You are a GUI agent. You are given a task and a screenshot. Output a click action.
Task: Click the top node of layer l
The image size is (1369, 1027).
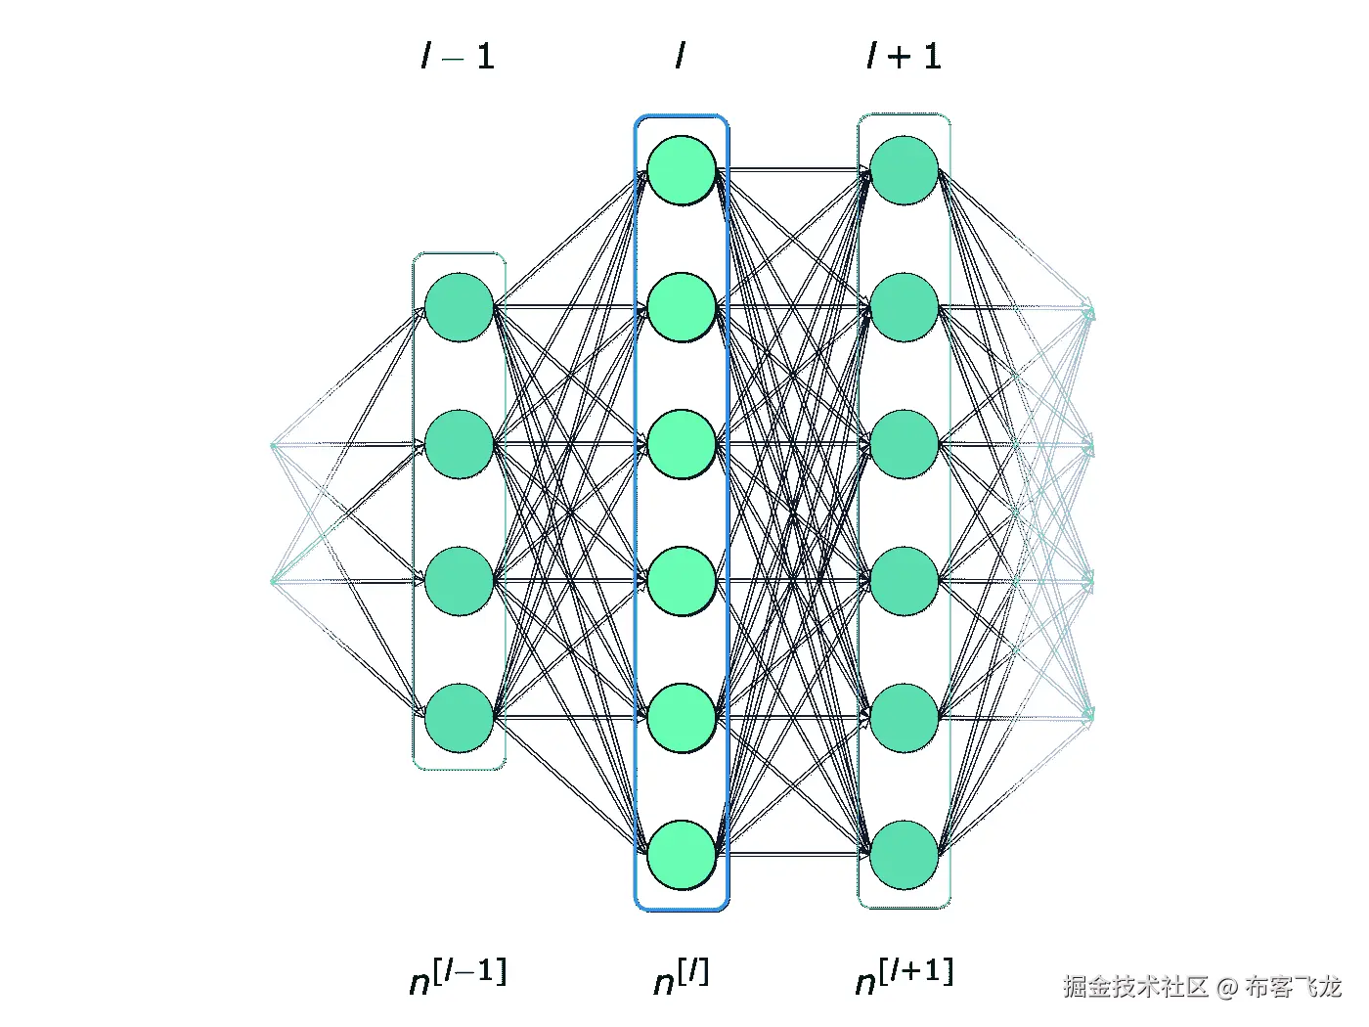682,170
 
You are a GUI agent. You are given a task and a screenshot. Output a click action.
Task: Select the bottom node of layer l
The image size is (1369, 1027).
682,855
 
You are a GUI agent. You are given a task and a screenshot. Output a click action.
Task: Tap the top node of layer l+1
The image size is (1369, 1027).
905,170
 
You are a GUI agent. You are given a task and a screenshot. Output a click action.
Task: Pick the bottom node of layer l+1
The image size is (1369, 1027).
905,855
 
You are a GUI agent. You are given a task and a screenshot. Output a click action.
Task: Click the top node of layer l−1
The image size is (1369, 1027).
459,307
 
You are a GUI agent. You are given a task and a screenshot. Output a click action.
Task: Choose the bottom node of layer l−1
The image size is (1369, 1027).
459,718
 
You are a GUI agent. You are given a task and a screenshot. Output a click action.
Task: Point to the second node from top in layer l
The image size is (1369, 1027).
682,307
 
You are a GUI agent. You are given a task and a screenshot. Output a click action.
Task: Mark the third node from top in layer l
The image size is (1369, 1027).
682,444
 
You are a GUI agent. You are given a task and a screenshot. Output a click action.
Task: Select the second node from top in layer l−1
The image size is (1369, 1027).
459,444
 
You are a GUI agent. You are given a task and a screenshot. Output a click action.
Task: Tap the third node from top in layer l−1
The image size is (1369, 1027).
459,581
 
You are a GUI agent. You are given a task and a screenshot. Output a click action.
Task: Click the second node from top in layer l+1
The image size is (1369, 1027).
905,307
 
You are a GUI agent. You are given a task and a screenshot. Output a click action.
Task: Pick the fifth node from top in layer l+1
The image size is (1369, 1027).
905,718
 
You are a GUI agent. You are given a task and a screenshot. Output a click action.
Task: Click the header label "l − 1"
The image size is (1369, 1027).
458,56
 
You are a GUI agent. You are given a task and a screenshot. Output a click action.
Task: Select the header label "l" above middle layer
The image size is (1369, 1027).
681,56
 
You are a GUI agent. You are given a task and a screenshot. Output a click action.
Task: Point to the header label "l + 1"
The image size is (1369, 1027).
904,56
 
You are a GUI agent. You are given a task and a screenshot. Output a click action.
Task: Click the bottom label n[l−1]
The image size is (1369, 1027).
458,976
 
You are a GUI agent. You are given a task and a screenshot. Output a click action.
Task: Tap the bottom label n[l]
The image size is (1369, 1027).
681,976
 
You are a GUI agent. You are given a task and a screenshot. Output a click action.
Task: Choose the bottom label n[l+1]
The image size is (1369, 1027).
904,976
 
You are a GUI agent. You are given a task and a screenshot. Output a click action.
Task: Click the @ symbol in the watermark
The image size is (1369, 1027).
1226,987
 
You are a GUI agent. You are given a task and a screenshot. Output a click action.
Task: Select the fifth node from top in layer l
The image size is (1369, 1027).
682,718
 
